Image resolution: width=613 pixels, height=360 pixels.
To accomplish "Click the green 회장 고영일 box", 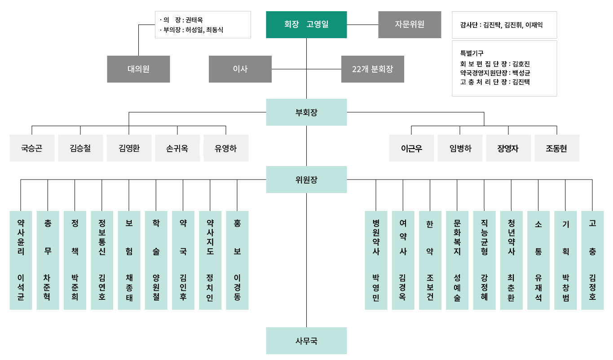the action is pyautogui.click(x=306, y=25).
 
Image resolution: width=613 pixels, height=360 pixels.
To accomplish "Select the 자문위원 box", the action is pyautogui.click(x=410, y=25).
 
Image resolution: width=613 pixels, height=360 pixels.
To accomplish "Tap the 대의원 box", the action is pyautogui.click(x=138, y=69).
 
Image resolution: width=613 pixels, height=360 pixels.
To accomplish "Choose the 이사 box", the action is pyautogui.click(x=240, y=69).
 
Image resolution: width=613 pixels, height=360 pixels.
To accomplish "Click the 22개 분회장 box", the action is pyautogui.click(x=372, y=69).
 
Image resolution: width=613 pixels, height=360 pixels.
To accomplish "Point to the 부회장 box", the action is pyautogui.click(x=306, y=112).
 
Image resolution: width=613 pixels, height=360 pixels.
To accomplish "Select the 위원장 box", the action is pyautogui.click(x=306, y=180).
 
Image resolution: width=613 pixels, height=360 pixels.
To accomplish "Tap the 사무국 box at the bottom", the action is pyautogui.click(x=306, y=341).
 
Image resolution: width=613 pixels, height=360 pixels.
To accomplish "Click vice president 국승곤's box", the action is pyautogui.click(x=32, y=148).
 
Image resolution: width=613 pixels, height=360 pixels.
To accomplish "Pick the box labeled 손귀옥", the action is pyautogui.click(x=177, y=148).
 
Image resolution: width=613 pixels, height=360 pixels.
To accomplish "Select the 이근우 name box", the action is pyautogui.click(x=411, y=148).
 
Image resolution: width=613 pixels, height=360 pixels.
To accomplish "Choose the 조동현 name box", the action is pyautogui.click(x=557, y=148).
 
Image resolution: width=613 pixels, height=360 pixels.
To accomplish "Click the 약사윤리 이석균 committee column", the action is pyautogui.click(x=21, y=260).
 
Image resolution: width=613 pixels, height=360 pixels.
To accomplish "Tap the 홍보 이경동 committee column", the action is pyautogui.click(x=237, y=260).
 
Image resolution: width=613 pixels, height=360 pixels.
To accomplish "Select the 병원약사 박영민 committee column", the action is pyautogui.click(x=376, y=260).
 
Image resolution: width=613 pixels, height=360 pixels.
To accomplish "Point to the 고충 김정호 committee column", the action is pyautogui.click(x=592, y=260).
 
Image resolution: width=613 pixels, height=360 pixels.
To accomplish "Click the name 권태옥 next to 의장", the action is pyautogui.click(x=194, y=20).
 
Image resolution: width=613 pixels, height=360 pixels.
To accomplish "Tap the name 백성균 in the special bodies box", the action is pyautogui.click(x=521, y=73).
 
